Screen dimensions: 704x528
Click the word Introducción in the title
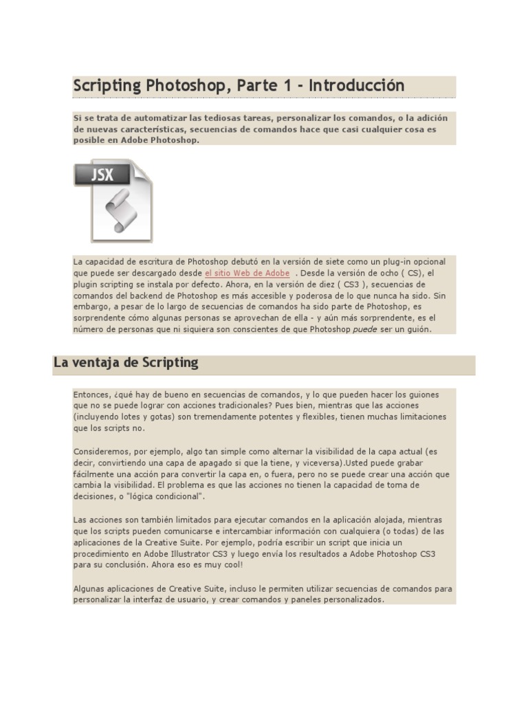[356, 86]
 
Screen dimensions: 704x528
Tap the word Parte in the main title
[256, 86]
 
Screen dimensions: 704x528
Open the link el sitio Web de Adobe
[247, 273]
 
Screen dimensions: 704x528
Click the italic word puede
[364, 329]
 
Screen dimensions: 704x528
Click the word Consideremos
[101, 452]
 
